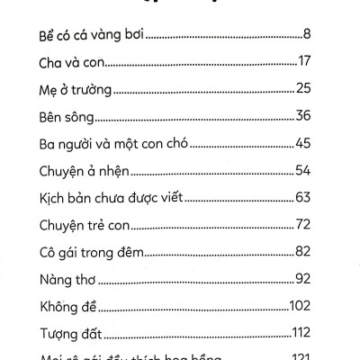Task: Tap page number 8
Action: (307, 36)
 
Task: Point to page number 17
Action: (304, 63)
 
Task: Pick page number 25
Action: (303, 89)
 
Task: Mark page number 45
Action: (302, 144)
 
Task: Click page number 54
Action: (302, 171)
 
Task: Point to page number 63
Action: (302, 198)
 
